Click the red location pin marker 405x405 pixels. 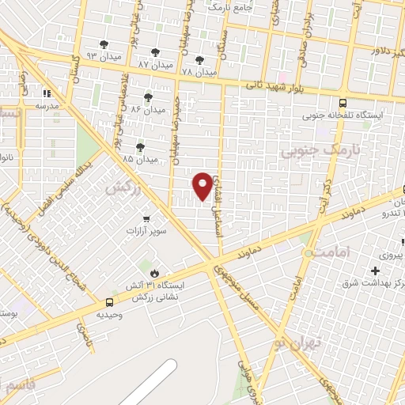[203, 185]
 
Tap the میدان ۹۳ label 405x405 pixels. [103, 56]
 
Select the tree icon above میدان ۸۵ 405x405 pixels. [141, 146]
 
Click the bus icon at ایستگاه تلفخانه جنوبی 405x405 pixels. [343, 103]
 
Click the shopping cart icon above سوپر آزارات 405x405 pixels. [146, 218]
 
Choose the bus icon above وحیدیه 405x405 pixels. [109, 301]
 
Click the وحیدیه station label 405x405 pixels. [109, 314]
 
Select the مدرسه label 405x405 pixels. [48, 104]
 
